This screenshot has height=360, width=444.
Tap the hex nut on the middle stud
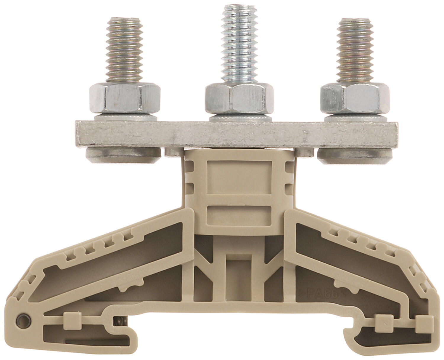point(239,98)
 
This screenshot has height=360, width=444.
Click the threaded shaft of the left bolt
point(124,50)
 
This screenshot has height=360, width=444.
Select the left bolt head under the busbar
point(123,155)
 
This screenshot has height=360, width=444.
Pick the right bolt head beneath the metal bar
point(355,156)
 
